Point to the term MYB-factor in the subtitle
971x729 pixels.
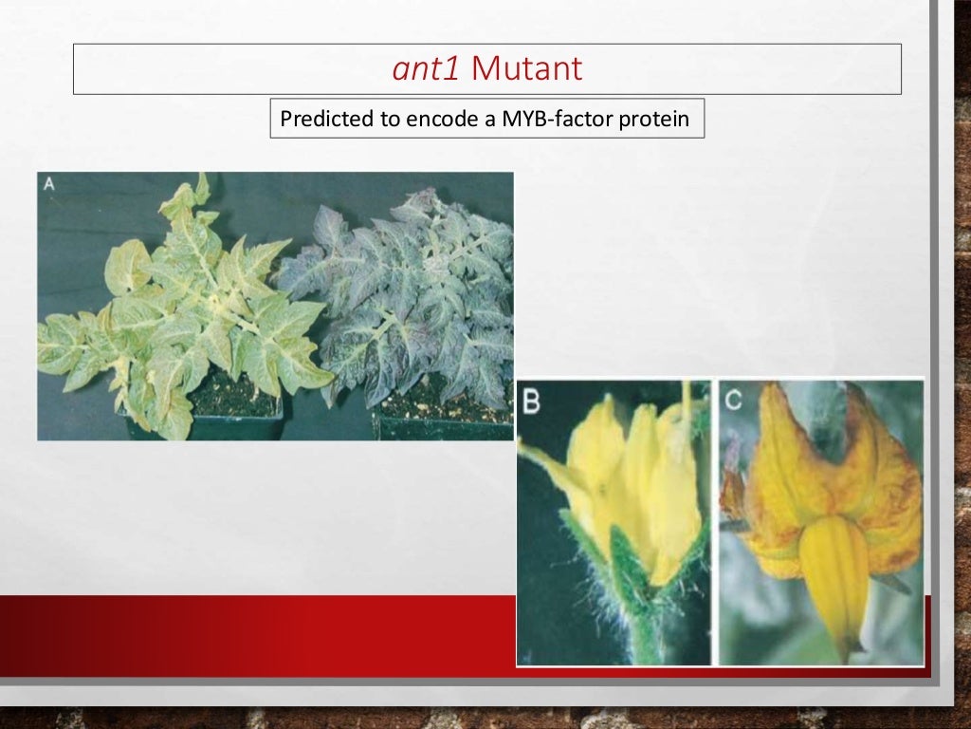point(548,121)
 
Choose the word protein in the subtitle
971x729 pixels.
point(656,121)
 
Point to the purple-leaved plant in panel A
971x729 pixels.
point(398,294)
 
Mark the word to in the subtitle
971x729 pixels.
point(393,121)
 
